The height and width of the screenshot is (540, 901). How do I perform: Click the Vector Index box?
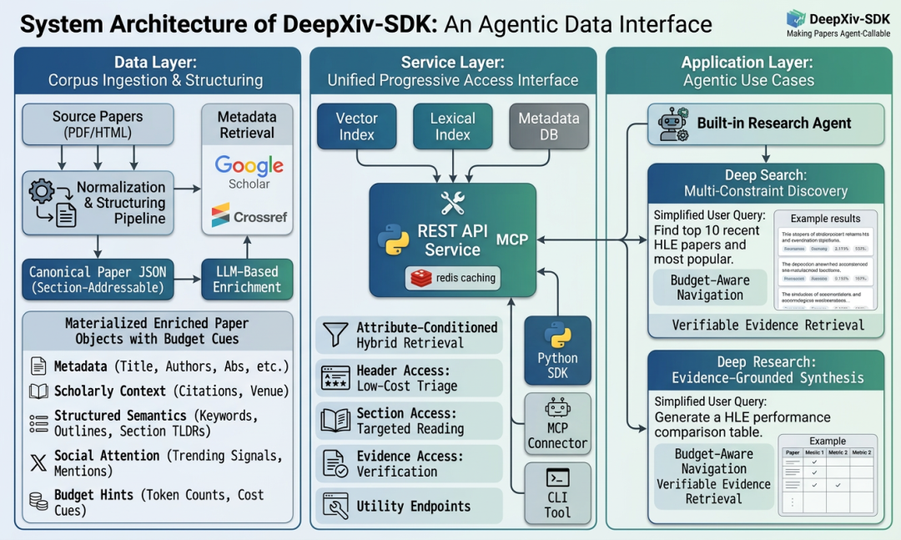pyautogui.click(x=357, y=127)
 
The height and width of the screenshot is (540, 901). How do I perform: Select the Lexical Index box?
pyautogui.click(x=452, y=127)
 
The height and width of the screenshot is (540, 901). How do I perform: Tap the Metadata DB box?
pyautogui.click(x=548, y=127)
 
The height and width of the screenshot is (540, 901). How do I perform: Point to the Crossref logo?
pyautogui.click(x=249, y=216)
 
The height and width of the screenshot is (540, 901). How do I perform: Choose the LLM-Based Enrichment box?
pyautogui.click(x=247, y=279)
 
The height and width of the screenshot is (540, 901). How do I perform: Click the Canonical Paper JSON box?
pyautogui.click(x=98, y=279)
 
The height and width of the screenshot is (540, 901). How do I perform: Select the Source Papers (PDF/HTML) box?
pyautogui.click(x=98, y=124)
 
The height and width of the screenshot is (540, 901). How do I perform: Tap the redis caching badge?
pyautogui.click(x=453, y=278)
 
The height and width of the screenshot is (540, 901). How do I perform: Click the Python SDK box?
pyautogui.click(x=557, y=350)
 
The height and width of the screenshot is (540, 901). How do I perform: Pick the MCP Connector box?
pyautogui.click(x=557, y=426)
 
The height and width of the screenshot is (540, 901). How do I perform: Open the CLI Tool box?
pyautogui.click(x=557, y=493)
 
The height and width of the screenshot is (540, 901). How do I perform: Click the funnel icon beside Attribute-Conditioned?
pyautogui.click(x=335, y=335)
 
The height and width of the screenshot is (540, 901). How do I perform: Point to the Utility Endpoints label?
pyautogui.click(x=413, y=506)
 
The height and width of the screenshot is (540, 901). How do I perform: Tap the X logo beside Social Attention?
pyautogui.click(x=38, y=463)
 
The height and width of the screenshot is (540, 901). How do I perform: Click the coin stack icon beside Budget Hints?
pyautogui.click(x=38, y=502)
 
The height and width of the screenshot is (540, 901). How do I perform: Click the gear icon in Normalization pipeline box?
pyautogui.click(x=42, y=191)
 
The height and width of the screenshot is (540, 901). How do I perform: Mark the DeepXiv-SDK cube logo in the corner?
pyautogui.click(x=797, y=18)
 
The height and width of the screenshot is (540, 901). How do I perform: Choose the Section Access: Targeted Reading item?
pyautogui.click(x=409, y=421)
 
